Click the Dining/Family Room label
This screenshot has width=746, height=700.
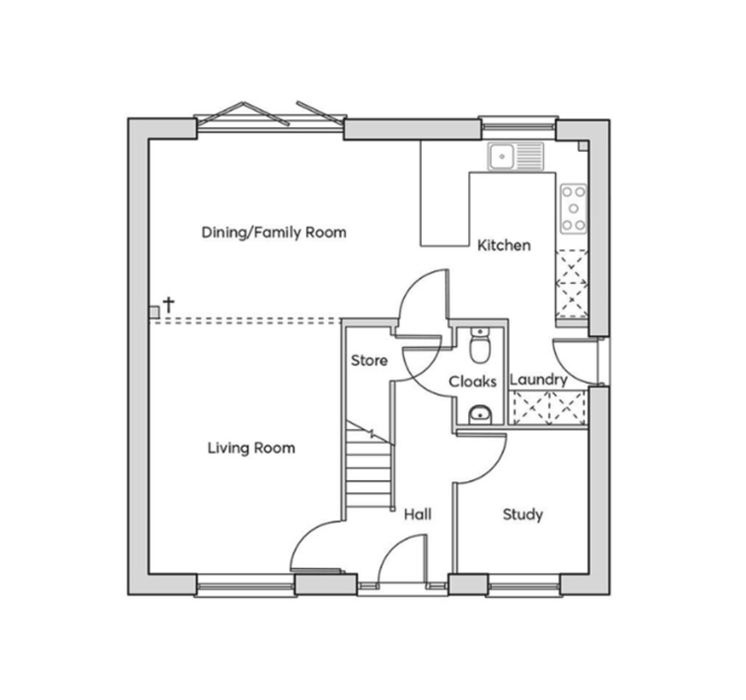(x=274, y=233)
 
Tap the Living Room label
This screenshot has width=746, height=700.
(x=251, y=448)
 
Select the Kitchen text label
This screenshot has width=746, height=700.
(x=504, y=246)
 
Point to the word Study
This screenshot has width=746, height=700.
(x=523, y=515)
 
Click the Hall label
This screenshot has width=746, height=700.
(x=418, y=514)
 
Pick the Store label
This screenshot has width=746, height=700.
(x=369, y=361)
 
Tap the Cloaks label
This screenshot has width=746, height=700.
(x=472, y=381)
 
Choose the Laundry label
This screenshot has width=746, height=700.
(x=539, y=380)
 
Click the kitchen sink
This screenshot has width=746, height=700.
(x=516, y=156)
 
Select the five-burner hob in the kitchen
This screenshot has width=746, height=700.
(x=574, y=209)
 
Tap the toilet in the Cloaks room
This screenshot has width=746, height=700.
(x=480, y=345)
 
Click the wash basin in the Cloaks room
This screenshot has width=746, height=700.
(x=480, y=414)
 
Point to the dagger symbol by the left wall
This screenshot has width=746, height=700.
(x=169, y=305)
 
